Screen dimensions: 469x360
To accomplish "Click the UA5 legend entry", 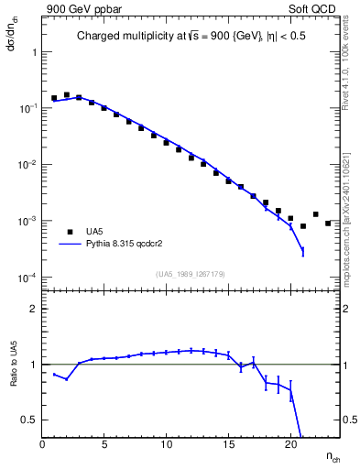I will (x=94, y=232).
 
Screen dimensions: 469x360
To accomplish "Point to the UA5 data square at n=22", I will (x=315, y=214).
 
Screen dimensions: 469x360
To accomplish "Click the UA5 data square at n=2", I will (x=67, y=94).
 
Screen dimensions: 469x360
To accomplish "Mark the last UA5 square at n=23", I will (x=328, y=223).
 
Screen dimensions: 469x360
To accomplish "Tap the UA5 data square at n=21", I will (x=303, y=225).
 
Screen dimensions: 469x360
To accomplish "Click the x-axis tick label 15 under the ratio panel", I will (x=227, y=444).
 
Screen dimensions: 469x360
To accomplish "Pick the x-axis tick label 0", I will (x=42, y=444).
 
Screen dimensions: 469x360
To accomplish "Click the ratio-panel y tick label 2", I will (x=34, y=309).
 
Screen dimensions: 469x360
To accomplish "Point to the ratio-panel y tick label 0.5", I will (x=29, y=420).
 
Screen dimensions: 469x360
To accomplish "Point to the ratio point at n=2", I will (x=67, y=379).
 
